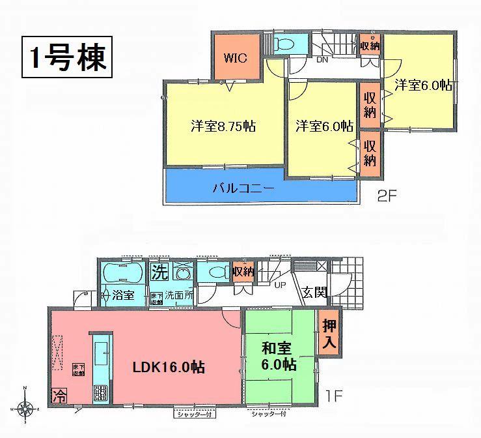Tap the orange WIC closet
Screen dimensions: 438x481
pos(235,57)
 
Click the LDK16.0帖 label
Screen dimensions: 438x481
pos(169,368)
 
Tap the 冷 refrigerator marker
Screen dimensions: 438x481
pos(57,395)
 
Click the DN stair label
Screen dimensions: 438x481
pos(322,60)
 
